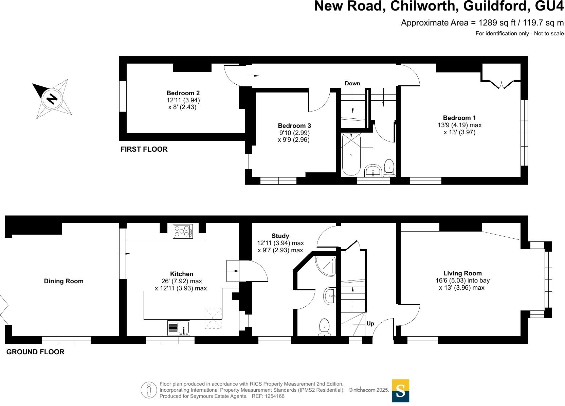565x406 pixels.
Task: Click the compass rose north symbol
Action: pyautogui.click(x=52, y=99)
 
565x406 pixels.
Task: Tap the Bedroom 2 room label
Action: pyautogui.click(x=183, y=93)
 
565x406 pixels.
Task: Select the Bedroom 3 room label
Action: pyautogui.click(x=294, y=126)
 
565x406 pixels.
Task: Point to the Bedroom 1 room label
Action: pyautogui.click(x=459, y=118)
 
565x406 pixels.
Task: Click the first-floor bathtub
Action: pyautogui.click(x=351, y=154)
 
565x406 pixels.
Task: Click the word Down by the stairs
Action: pyautogui.click(x=352, y=84)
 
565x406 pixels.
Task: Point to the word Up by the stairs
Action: pyautogui.click(x=370, y=324)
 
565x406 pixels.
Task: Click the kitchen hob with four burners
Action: pyautogui.click(x=183, y=231)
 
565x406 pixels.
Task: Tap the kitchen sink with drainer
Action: pyautogui.click(x=179, y=328)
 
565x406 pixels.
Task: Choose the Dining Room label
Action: pyautogui.click(x=63, y=281)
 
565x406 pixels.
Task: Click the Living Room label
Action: pyautogui.click(x=462, y=273)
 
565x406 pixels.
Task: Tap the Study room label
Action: pyautogui.click(x=280, y=236)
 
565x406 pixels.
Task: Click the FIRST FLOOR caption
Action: pyautogui.click(x=144, y=149)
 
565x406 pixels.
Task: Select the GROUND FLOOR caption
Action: pyautogui.click(x=35, y=352)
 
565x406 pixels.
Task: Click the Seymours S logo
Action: pyautogui.click(x=401, y=391)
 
